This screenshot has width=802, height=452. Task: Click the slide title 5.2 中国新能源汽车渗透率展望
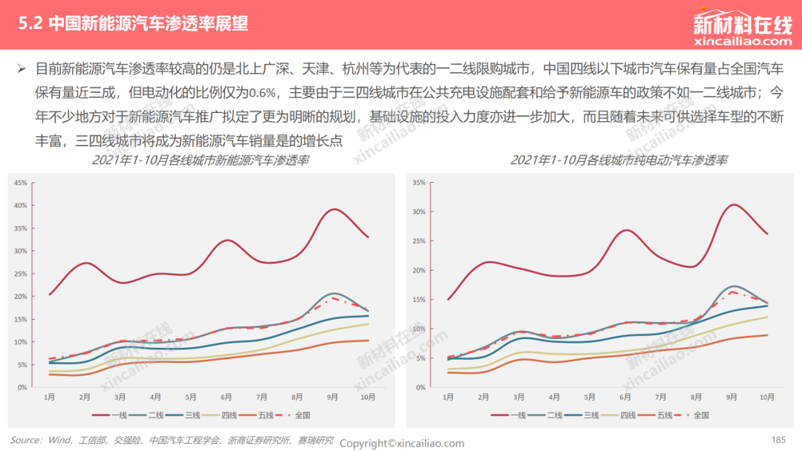(133, 24)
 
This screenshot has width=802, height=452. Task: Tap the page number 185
(778, 439)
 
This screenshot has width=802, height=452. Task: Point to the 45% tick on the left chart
(21, 183)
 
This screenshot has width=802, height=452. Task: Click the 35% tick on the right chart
(419, 182)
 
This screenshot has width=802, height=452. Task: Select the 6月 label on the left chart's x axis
(226, 397)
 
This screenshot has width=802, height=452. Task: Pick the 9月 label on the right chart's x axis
(731, 397)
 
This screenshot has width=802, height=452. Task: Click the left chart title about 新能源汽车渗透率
(200, 161)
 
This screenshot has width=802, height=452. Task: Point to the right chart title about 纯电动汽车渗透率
(619, 161)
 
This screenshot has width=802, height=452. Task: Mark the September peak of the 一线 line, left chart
(333, 210)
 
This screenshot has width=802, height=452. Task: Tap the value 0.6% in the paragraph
(262, 93)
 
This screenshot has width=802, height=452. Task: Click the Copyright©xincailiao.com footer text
(402, 443)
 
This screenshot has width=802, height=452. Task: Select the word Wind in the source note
(59, 440)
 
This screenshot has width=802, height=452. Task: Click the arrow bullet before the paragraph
(22, 68)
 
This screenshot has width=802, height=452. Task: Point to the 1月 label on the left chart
(49, 397)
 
